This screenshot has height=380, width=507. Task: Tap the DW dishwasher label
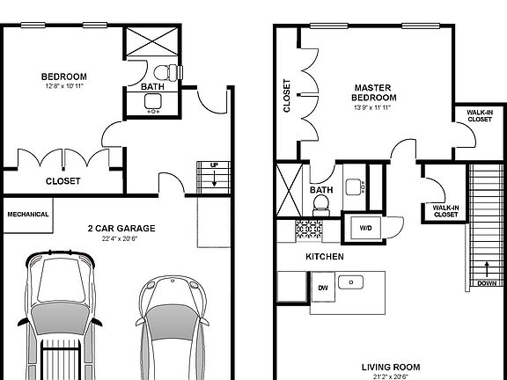[322, 287]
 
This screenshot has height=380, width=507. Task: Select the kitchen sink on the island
[355, 283]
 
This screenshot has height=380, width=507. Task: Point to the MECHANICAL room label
[28, 214]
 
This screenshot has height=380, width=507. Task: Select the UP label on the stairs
[214, 164]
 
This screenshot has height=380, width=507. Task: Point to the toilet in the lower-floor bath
[162, 71]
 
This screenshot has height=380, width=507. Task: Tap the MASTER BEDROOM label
[374, 92]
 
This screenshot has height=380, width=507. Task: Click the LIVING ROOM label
[390, 367]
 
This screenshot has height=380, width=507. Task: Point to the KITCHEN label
[324, 257]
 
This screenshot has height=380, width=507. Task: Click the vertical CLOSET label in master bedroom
[287, 96]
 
